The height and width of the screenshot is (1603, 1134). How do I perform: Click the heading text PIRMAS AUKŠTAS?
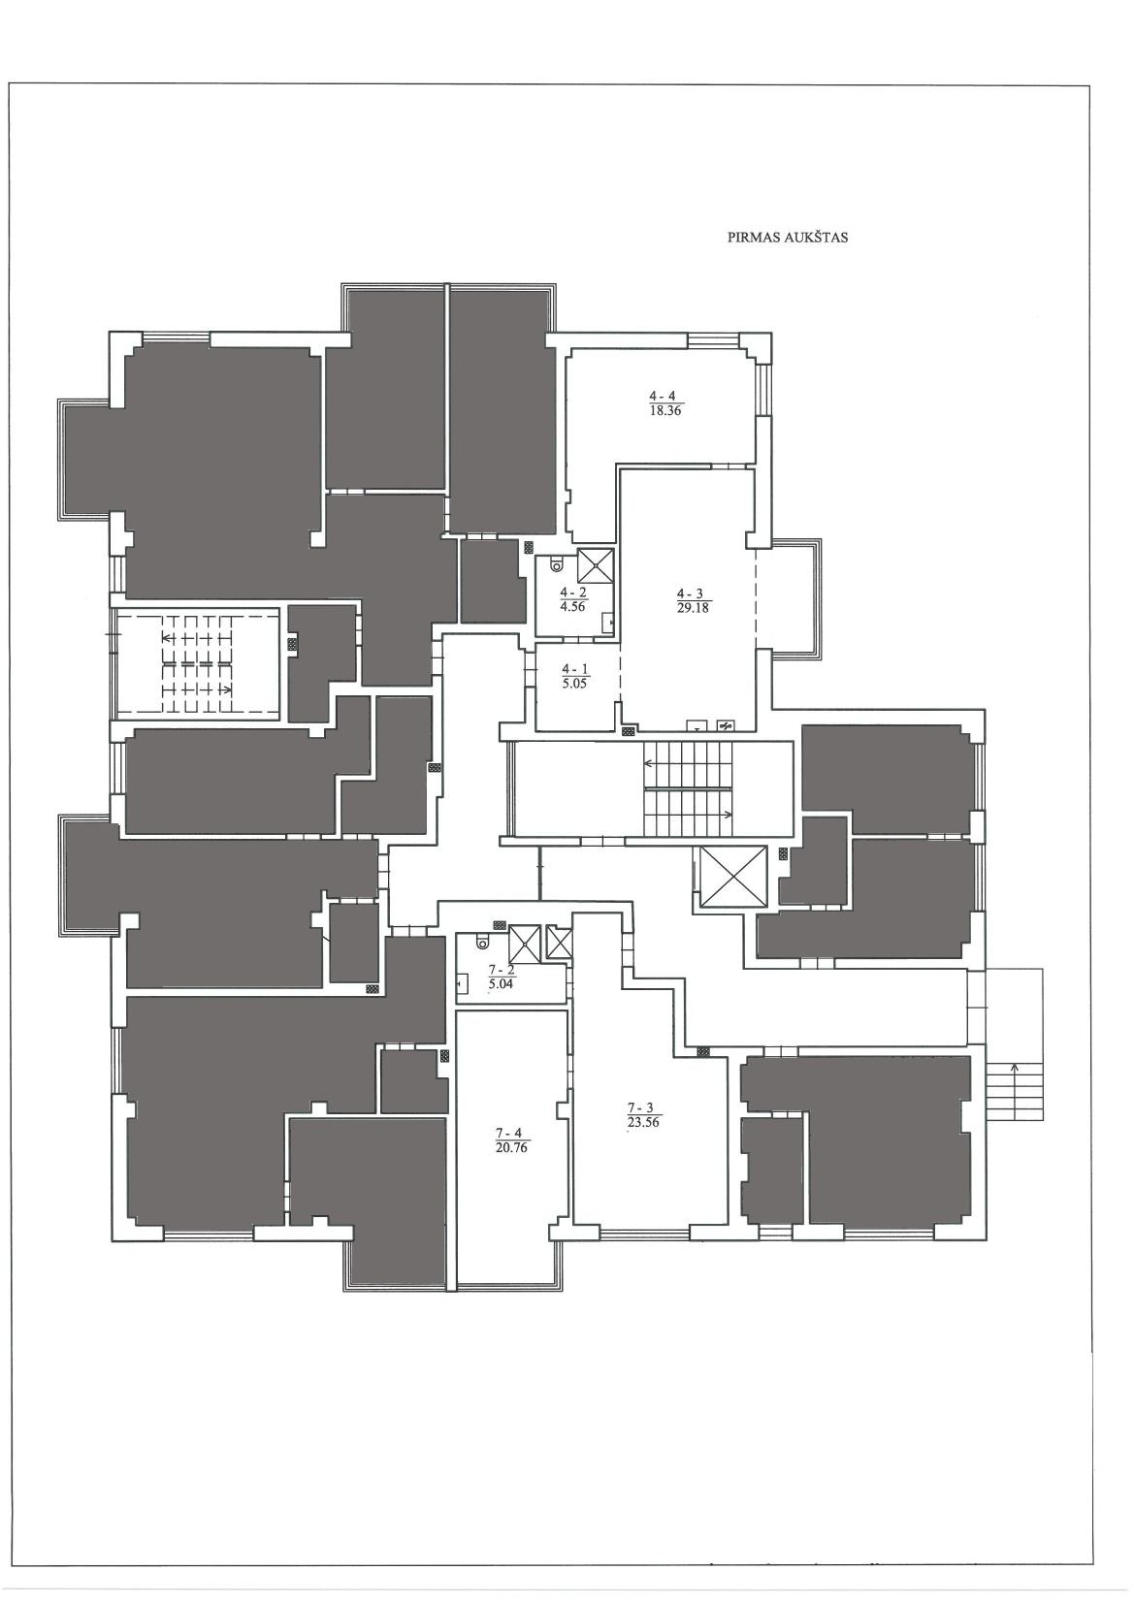(787, 239)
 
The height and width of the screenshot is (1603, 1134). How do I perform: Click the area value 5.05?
(575, 683)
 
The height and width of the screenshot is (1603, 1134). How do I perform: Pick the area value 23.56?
(643, 1123)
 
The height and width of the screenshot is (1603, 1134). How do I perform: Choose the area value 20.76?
(511, 1145)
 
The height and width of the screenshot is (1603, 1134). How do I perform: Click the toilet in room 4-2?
(556, 565)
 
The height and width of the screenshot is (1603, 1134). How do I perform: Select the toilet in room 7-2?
(481, 945)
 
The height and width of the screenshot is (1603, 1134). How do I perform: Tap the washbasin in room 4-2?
(608, 623)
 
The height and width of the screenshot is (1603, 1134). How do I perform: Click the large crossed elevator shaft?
(733, 877)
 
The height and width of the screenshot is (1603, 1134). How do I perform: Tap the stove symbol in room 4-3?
(726, 726)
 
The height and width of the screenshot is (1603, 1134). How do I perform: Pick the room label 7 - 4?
(511, 1132)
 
